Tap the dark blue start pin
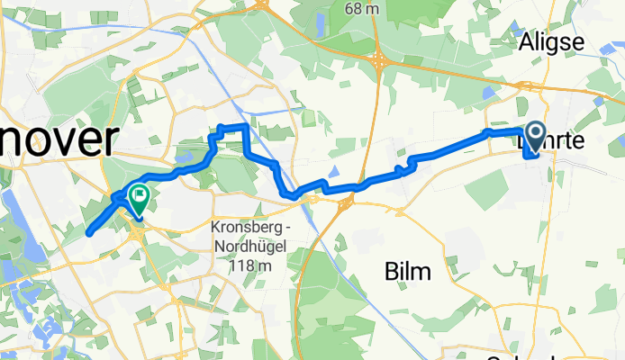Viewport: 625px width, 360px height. (534, 139)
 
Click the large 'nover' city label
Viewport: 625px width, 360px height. (59, 142)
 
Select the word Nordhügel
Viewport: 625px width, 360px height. (256, 245)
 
